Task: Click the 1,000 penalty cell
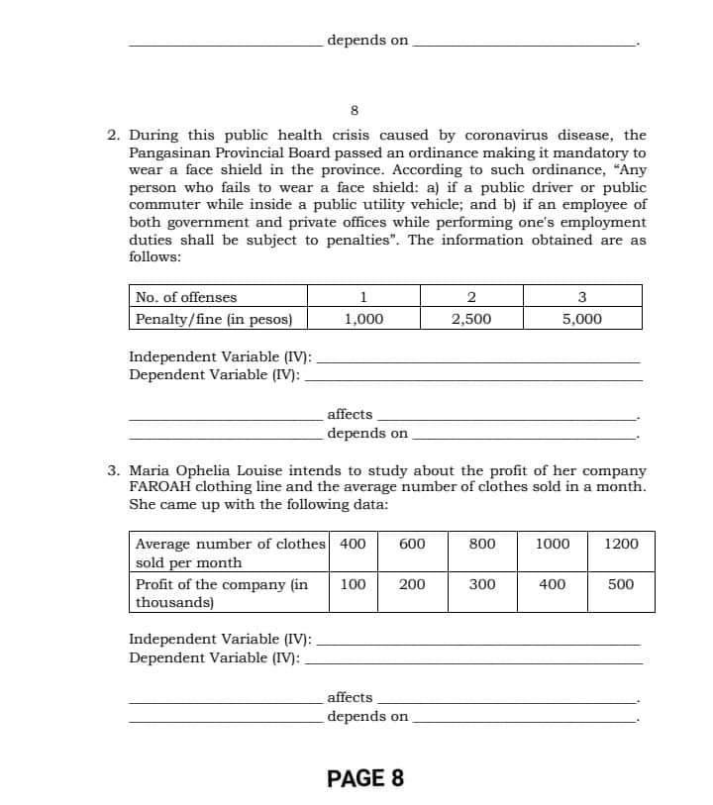pos(363,319)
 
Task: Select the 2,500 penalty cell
pos(471,319)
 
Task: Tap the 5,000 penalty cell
pos(581,319)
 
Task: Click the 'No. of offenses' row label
pos(186,297)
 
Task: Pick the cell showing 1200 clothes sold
pos(621,544)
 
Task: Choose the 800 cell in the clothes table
pos(482,544)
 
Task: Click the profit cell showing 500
pos(621,584)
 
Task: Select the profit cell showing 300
pos(482,584)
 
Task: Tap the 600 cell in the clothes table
pos(412,544)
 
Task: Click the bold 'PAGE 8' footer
pos(365,778)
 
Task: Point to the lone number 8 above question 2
pos(355,109)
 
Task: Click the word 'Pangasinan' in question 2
pos(165,152)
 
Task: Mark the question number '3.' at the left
pos(115,470)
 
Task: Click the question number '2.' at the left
pos(115,135)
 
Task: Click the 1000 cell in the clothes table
pos(553,544)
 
